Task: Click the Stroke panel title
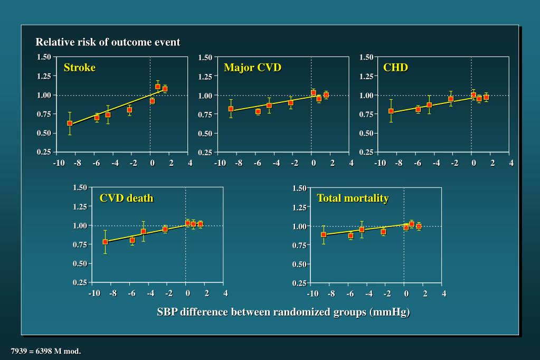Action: (x=80, y=68)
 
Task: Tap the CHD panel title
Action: (x=395, y=68)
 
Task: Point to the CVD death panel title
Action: (x=127, y=198)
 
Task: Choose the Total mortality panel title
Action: (x=353, y=198)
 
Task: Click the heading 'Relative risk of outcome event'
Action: (x=108, y=42)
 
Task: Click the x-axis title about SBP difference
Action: (x=283, y=311)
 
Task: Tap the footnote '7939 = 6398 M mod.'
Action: (x=46, y=351)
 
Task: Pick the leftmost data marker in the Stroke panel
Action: (x=70, y=123)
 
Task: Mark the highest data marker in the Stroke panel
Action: (x=158, y=87)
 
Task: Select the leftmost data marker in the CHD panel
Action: (x=391, y=111)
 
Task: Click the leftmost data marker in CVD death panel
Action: (x=105, y=242)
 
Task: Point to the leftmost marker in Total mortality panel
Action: (x=324, y=234)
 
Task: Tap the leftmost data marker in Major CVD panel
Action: (x=231, y=109)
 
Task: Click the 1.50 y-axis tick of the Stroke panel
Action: (x=44, y=57)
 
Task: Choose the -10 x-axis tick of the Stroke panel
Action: (x=59, y=163)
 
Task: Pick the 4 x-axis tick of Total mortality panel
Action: (x=444, y=293)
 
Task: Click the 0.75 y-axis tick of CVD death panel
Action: (x=80, y=244)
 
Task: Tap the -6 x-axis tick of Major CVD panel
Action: (x=258, y=163)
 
